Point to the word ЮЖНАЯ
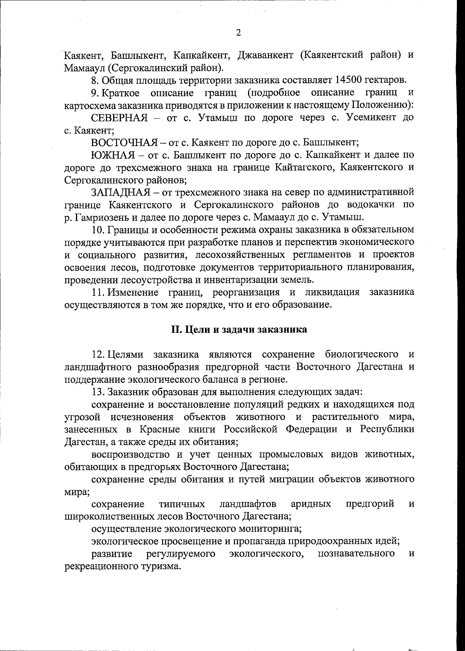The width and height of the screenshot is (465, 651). click(113, 155)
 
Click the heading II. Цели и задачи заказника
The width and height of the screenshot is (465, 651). click(239, 329)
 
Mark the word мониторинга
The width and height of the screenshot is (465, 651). click(267, 528)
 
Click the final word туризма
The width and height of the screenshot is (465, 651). click(160, 566)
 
